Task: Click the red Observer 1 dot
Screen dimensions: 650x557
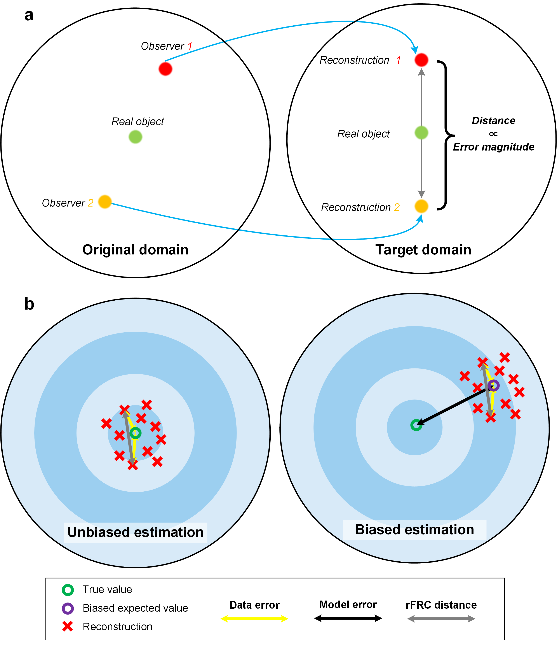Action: pyautogui.click(x=165, y=69)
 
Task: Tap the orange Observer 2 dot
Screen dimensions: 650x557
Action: pyautogui.click(x=105, y=201)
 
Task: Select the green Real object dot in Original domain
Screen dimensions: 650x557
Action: pyautogui.click(x=135, y=137)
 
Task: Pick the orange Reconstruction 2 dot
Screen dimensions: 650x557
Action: pyautogui.click(x=421, y=206)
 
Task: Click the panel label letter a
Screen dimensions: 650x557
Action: pyautogui.click(x=29, y=15)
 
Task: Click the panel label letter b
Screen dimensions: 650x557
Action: pyautogui.click(x=29, y=304)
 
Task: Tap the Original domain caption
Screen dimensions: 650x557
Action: pyautogui.click(x=135, y=250)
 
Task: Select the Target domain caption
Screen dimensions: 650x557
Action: pyautogui.click(x=423, y=250)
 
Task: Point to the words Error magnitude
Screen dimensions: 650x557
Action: pyautogui.click(x=493, y=147)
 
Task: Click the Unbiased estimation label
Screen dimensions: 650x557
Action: pyautogui.click(x=135, y=532)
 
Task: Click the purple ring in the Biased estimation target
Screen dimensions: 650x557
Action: pyautogui.click(x=493, y=385)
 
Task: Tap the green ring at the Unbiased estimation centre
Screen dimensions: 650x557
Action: pyautogui.click(x=135, y=433)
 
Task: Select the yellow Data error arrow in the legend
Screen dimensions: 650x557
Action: pyautogui.click(x=254, y=619)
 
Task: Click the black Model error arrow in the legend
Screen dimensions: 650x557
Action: pyautogui.click(x=348, y=618)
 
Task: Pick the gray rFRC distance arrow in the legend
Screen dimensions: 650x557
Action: pyautogui.click(x=441, y=619)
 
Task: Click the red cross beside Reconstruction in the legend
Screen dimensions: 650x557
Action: pyautogui.click(x=68, y=626)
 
